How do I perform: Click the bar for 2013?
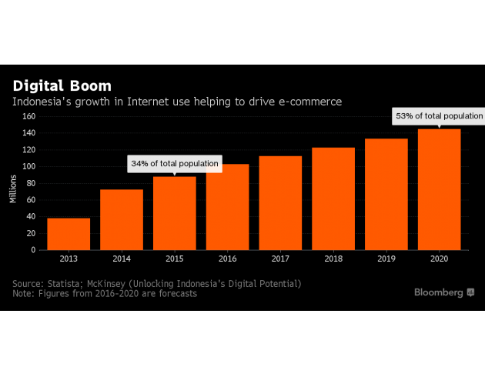tap(69, 234)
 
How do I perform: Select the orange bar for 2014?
tap(122, 219)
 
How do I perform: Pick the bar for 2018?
tap(333, 199)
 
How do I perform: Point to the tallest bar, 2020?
tap(439, 189)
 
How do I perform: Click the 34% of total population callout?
tap(175, 164)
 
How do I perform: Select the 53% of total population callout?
tap(439, 116)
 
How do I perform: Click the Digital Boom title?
tap(62, 85)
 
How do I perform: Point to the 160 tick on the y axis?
tap(28, 117)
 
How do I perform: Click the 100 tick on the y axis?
tap(28, 167)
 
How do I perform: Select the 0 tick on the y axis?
tap(34, 250)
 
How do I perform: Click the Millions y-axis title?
tap(13, 188)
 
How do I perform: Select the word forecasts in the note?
tap(172, 294)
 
